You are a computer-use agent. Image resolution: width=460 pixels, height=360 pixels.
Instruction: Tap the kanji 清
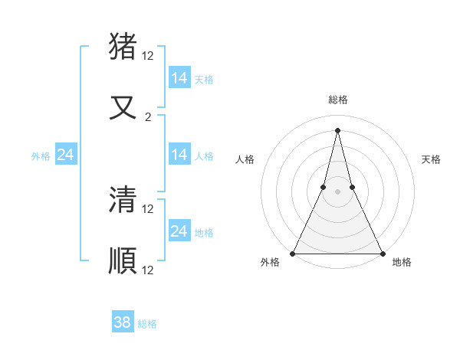123,199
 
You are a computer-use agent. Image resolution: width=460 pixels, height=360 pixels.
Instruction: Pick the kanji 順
123,260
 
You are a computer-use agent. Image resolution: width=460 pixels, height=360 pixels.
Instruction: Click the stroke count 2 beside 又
148,117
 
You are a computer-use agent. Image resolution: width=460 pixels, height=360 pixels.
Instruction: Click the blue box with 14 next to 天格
179,78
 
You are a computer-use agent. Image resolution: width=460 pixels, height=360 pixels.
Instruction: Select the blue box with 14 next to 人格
179,155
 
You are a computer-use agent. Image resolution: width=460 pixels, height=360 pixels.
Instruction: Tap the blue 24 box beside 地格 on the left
179,231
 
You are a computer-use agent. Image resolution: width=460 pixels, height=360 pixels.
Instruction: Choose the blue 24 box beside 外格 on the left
66,155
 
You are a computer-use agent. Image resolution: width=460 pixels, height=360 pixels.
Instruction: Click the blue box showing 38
123,322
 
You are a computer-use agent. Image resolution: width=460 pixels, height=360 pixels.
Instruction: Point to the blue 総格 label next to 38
147,324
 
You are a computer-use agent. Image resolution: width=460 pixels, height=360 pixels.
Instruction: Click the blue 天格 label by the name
204,79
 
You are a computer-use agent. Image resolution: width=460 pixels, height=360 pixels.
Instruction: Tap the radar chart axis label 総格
337,100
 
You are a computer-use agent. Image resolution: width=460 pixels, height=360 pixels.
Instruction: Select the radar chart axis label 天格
431,159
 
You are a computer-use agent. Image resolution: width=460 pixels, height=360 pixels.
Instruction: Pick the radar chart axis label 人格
245,159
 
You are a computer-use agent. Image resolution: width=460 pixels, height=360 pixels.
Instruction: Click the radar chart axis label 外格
270,263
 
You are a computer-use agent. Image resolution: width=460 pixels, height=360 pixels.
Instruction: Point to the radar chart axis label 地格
402,263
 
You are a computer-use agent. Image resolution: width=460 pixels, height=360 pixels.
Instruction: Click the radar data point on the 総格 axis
337,129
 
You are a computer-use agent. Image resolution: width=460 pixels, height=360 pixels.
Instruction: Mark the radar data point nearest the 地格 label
382,253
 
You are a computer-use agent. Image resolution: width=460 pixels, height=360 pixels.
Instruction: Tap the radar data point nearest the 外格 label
293,253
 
